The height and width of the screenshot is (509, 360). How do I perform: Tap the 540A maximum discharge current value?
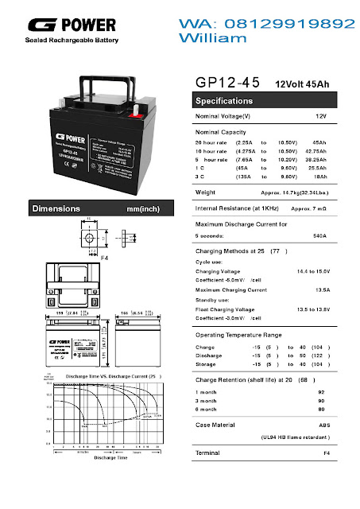click(319, 236)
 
